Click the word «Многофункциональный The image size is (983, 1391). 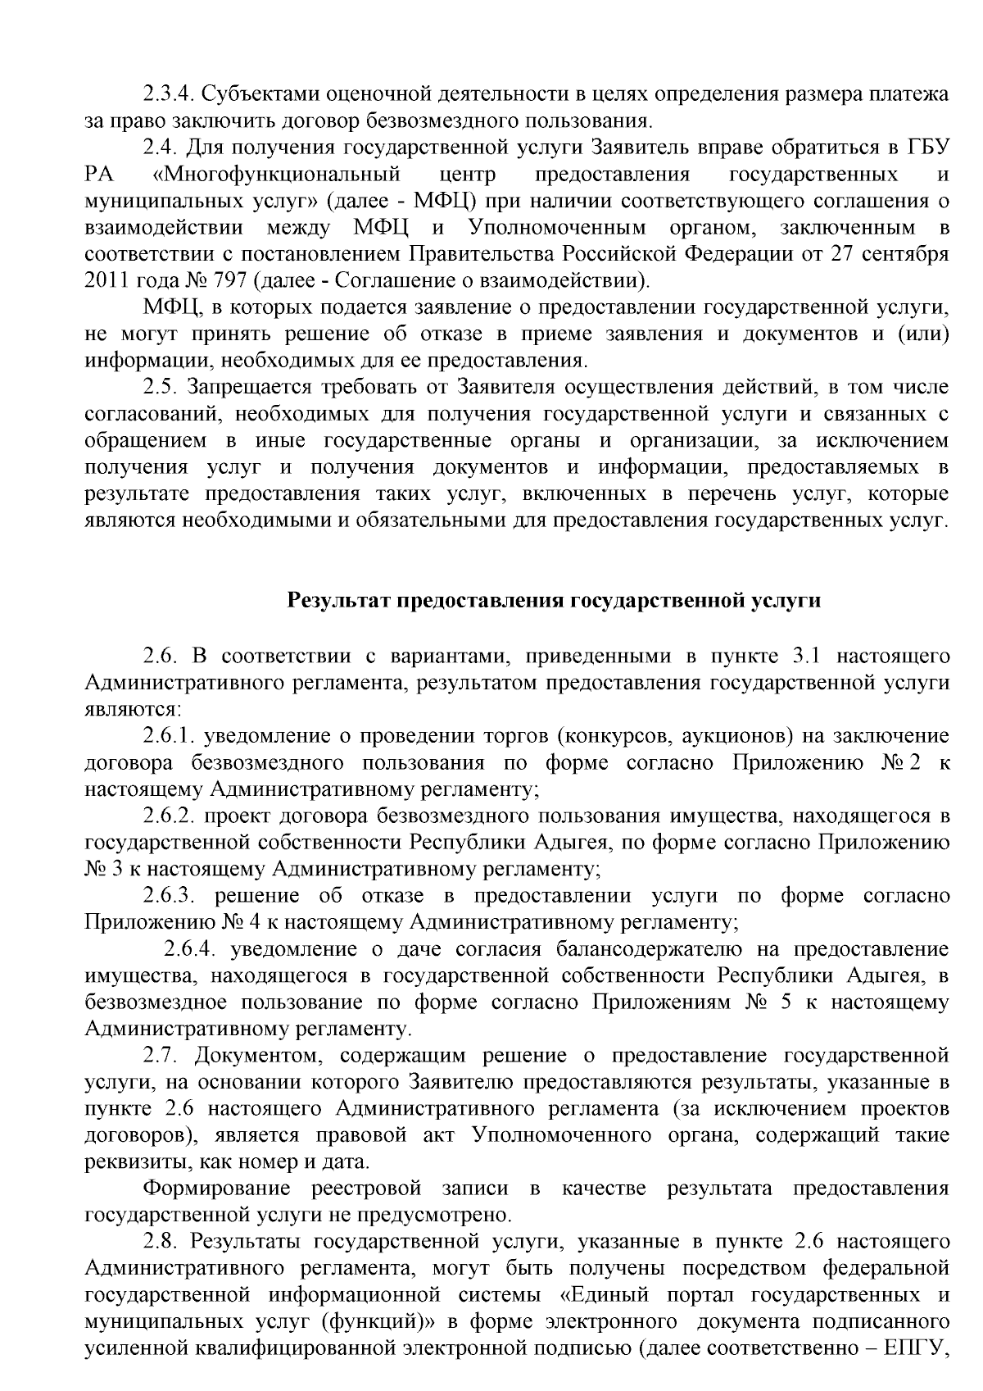(276, 174)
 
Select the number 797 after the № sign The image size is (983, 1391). (233, 281)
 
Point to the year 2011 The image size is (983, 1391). (104, 281)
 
